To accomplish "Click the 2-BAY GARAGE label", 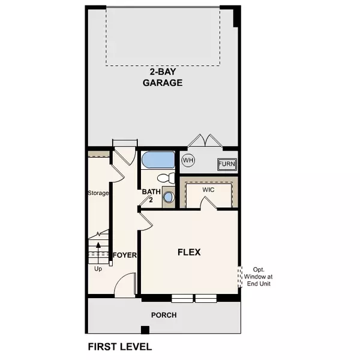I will pyautogui.click(x=162, y=78).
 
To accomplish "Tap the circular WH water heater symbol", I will pyautogui.click(x=188, y=160).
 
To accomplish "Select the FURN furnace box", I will pyautogui.click(x=226, y=164).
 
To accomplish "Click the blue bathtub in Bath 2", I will pyautogui.click(x=158, y=160).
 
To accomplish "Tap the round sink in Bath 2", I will pyautogui.click(x=169, y=197).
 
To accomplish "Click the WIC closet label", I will pyautogui.click(x=208, y=189).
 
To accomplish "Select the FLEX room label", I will pyautogui.click(x=188, y=252).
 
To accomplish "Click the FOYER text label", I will pyautogui.click(x=125, y=255).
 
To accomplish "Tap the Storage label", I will pyautogui.click(x=98, y=193).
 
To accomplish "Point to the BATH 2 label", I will pyautogui.click(x=148, y=196).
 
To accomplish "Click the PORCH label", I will pyautogui.click(x=164, y=315).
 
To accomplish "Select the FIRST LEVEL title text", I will pyautogui.click(x=120, y=346).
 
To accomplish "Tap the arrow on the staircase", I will pyautogui.click(x=98, y=246).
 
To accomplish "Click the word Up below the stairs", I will pyautogui.click(x=98, y=269).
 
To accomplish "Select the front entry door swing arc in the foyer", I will pyautogui.click(x=126, y=283).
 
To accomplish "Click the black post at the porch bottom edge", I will pyautogui.click(x=144, y=329).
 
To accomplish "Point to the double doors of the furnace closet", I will pyautogui.click(x=203, y=141).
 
